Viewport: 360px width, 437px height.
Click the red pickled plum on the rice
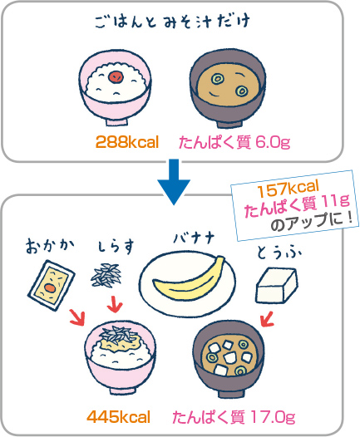click(115, 76)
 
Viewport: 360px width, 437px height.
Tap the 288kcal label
click(127, 142)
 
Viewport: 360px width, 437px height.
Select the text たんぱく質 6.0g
click(234, 142)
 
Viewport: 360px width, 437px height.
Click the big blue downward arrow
click(174, 182)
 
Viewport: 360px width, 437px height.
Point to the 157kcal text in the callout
click(288, 186)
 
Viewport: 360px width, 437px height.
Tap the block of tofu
click(277, 285)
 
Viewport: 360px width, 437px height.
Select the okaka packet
click(51, 285)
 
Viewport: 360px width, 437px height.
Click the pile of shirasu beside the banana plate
click(106, 275)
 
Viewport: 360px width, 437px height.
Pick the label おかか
click(50, 247)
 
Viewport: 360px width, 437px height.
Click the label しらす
click(116, 247)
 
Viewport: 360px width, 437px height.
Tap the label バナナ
click(194, 238)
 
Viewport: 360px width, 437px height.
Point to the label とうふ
click(279, 253)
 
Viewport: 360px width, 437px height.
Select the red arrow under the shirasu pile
click(115, 304)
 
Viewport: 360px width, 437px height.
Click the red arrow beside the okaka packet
click(77, 317)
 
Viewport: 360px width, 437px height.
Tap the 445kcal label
click(119, 417)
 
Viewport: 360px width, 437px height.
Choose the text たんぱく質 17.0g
click(234, 417)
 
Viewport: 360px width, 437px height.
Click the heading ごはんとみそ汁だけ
click(172, 22)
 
